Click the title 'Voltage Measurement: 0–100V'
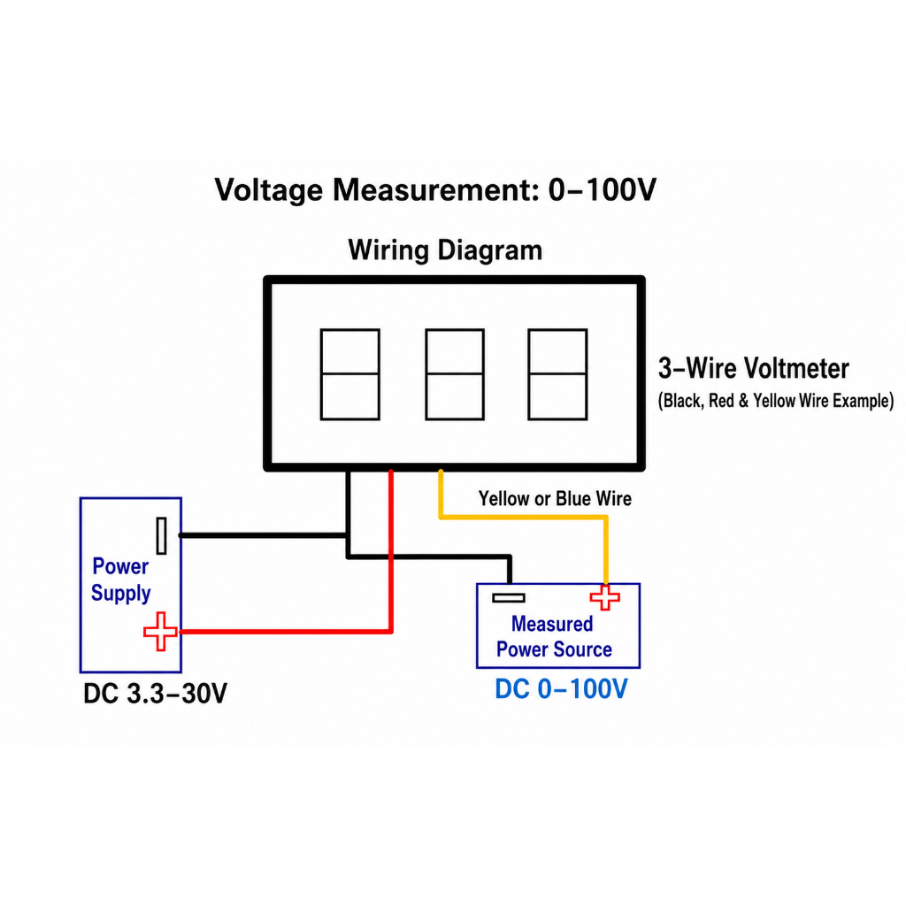(x=435, y=189)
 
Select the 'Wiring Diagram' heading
(x=445, y=250)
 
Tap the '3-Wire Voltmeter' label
(x=754, y=368)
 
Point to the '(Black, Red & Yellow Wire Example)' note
(x=776, y=401)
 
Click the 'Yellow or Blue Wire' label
(x=555, y=499)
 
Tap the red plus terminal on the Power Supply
(x=160, y=632)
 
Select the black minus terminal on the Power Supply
(x=162, y=535)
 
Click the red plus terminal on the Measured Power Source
(x=605, y=597)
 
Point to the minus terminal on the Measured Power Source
(x=509, y=598)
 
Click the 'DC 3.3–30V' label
(x=156, y=694)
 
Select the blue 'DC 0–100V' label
(x=561, y=688)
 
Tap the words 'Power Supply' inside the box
(x=120, y=580)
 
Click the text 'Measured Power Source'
(x=554, y=637)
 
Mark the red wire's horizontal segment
(x=286, y=632)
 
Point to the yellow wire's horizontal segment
(x=523, y=517)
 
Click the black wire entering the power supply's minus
(x=265, y=535)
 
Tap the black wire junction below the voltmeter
(x=348, y=535)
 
